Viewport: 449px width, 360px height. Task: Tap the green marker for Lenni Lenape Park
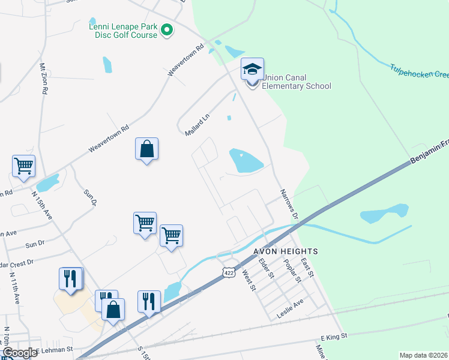(167, 29)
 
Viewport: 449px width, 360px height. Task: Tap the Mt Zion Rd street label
(44, 78)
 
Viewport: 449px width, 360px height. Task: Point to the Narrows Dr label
(289, 204)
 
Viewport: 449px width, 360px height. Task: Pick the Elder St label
(266, 268)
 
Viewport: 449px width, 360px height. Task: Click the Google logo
(20, 353)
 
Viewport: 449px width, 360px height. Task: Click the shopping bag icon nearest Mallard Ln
(147, 149)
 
